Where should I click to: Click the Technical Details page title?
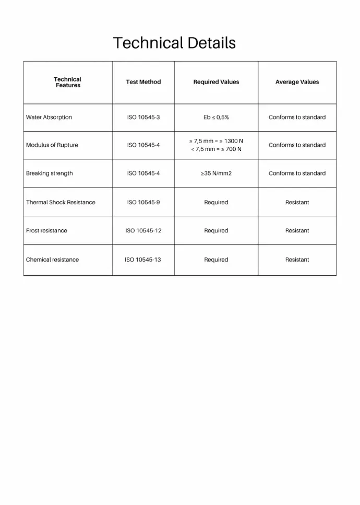click(174, 43)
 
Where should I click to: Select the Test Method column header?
click(143, 82)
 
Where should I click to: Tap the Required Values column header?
click(216, 82)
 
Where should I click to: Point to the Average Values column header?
click(297, 82)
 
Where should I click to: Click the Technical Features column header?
click(68, 83)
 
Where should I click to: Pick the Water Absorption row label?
click(49, 118)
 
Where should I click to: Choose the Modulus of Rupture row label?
click(52, 145)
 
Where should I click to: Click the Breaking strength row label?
click(50, 173)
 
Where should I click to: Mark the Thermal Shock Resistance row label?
click(61, 203)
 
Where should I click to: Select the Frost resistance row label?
click(46, 231)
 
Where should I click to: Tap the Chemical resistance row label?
click(52, 260)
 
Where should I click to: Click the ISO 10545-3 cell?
click(143, 118)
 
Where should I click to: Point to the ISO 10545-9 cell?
click(143, 203)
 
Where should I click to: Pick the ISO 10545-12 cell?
click(143, 231)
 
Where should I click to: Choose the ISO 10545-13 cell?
click(143, 260)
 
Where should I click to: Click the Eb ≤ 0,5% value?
click(216, 118)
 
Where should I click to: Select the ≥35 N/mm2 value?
click(216, 173)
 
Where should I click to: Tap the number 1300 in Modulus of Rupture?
click(230, 141)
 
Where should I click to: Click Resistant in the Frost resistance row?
click(297, 231)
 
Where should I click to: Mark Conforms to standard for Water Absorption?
click(297, 118)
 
